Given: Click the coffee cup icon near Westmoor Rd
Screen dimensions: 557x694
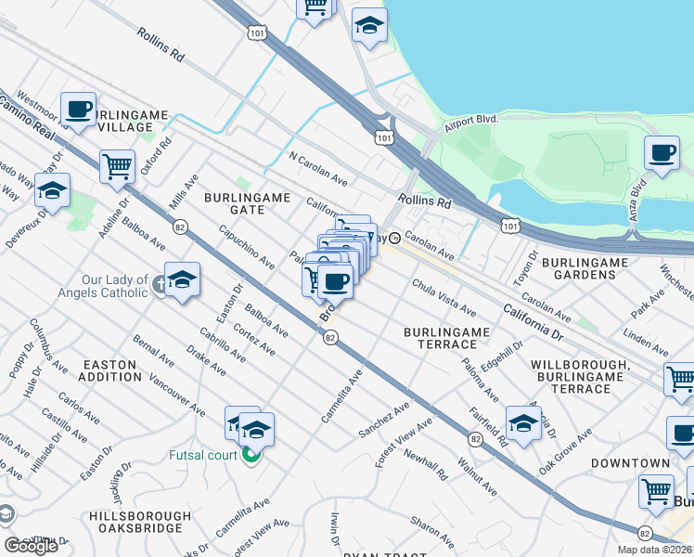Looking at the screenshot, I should point(79,110).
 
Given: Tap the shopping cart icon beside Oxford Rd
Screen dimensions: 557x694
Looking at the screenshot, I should point(117,167).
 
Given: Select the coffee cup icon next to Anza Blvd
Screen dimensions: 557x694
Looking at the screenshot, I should point(662,153).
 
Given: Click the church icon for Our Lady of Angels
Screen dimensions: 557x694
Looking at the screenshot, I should point(160,286).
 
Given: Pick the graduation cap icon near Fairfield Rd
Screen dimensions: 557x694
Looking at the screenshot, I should point(523,423).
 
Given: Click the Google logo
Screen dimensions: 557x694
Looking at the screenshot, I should point(31,546).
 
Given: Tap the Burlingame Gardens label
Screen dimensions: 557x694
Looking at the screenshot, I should point(592,268).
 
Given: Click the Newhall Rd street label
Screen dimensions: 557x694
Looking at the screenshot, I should point(426,463).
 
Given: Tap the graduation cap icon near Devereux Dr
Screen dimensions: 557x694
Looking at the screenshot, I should point(52,191).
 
